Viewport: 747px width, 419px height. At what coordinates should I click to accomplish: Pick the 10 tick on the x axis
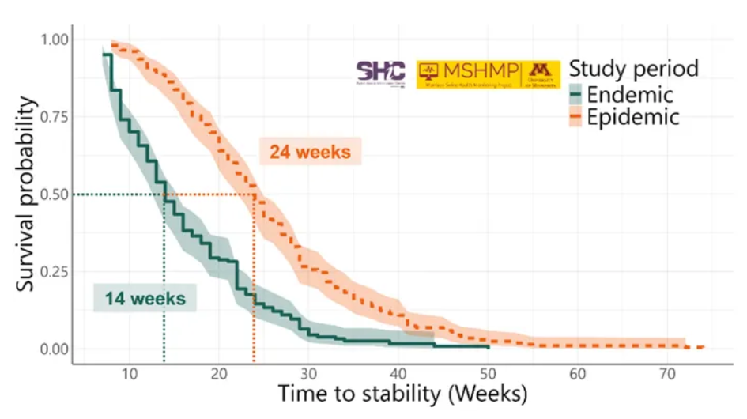(x=129, y=374)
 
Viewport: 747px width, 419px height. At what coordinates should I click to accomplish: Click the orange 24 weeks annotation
(x=310, y=152)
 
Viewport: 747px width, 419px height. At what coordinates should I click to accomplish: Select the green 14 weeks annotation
(x=145, y=299)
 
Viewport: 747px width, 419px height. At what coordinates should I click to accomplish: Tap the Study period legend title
(x=634, y=69)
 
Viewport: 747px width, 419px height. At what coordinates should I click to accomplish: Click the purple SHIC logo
(x=381, y=72)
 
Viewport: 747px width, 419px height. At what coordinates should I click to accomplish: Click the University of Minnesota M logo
(x=541, y=72)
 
